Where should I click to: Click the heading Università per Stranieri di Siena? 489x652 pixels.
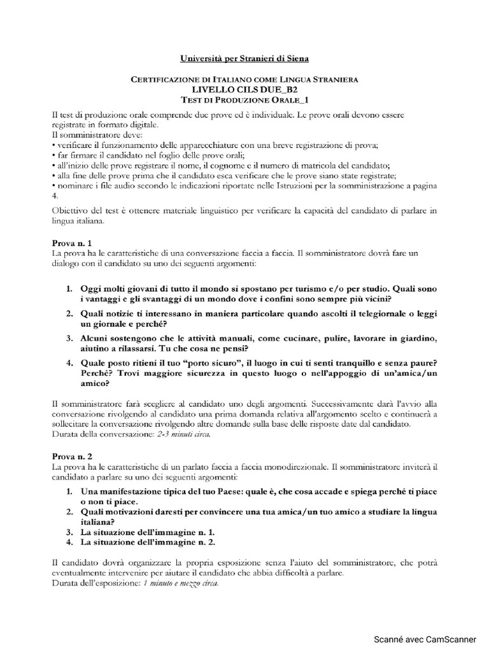[244, 59]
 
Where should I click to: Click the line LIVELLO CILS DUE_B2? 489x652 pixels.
[244, 90]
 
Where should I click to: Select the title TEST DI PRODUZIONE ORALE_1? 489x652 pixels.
[244, 100]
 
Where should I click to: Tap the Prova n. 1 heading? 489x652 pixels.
[71, 243]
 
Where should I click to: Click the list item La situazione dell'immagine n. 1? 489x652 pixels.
[148, 531]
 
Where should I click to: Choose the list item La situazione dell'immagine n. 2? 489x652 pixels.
[148, 542]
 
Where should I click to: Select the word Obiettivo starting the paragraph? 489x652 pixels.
[71, 211]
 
